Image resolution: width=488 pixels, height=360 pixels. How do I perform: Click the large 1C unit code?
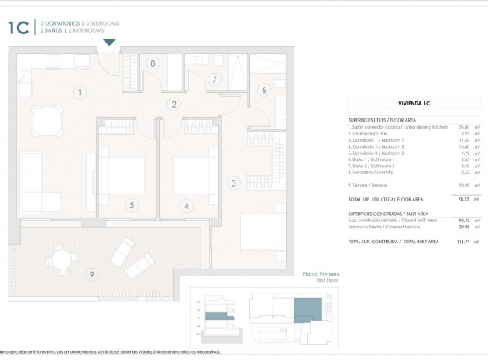[18, 29]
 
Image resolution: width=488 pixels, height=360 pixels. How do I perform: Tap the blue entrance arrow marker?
[110, 42]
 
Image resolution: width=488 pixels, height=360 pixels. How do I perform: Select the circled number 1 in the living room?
[78, 93]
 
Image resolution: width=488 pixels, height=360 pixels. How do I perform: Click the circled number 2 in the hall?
[174, 105]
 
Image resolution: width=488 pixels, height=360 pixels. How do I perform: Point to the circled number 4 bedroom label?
[186, 205]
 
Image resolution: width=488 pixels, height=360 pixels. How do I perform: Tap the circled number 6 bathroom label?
[263, 91]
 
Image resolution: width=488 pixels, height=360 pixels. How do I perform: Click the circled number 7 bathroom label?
[215, 78]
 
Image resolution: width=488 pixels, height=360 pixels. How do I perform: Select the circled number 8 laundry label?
[153, 63]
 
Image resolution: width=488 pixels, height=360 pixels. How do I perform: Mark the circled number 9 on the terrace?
[91, 273]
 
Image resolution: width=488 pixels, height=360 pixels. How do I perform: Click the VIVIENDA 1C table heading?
[414, 102]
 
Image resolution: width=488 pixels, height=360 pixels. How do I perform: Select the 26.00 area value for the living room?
[464, 127]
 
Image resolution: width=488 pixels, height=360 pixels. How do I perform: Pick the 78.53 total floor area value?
[463, 199]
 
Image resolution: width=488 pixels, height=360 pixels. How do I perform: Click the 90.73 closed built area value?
[464, 220]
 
